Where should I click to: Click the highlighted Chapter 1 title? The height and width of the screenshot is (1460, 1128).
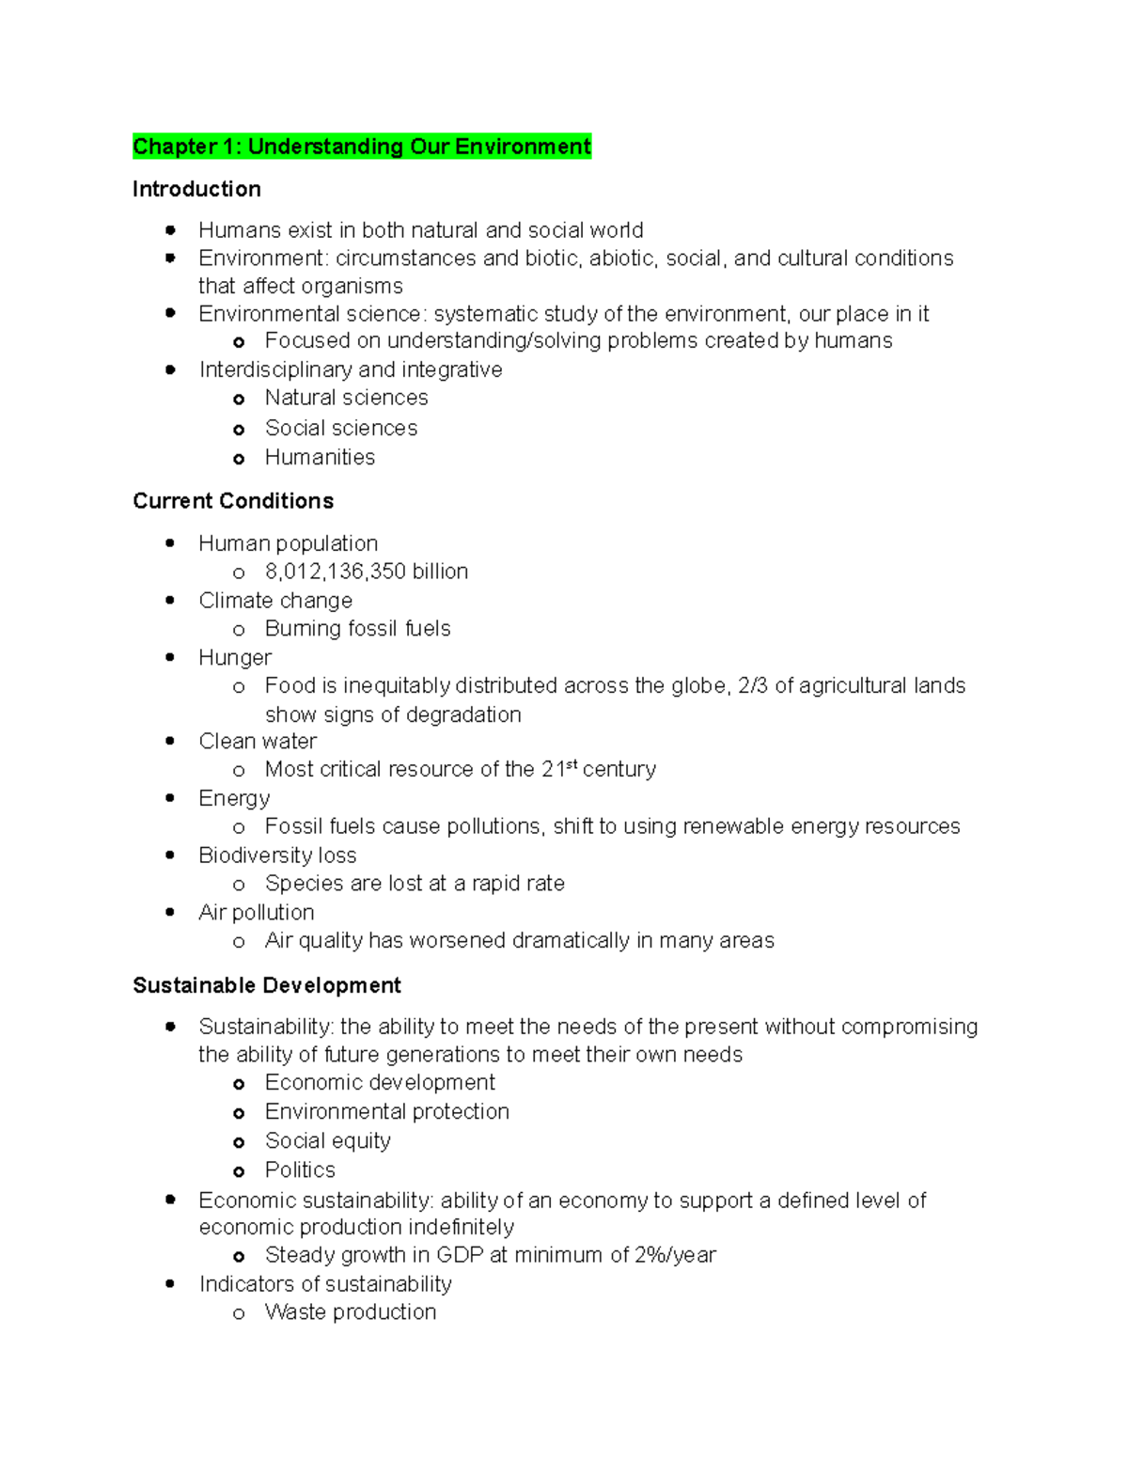pos(362,147)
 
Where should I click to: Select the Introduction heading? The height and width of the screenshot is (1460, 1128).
pos(196,189)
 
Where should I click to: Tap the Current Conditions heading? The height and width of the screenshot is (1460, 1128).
pos(233,501)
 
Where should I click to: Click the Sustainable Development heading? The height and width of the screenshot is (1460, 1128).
pos(267,985)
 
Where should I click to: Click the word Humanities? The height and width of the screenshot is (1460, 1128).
pos(320,458)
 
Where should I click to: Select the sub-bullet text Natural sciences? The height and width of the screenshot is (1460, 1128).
pos(346,399)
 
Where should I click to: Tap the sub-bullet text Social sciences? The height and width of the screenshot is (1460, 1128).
pos(341,429)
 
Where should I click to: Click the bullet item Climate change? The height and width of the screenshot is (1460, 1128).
pos(275,601)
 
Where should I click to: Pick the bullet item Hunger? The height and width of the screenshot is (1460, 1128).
pos(235,657)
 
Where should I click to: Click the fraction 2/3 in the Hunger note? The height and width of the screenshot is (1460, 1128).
pos(753,685)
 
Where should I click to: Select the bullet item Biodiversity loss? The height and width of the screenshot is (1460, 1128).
pos(277,856)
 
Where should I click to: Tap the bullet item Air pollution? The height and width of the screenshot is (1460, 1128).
pos(256,913)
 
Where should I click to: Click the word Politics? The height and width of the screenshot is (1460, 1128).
pos(300,1170)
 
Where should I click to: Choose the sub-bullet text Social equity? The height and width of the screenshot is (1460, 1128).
pos(327,1141)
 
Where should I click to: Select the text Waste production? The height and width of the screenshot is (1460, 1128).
pos(351,1312)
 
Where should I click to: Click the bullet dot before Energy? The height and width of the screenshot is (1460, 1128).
pos(170,798)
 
